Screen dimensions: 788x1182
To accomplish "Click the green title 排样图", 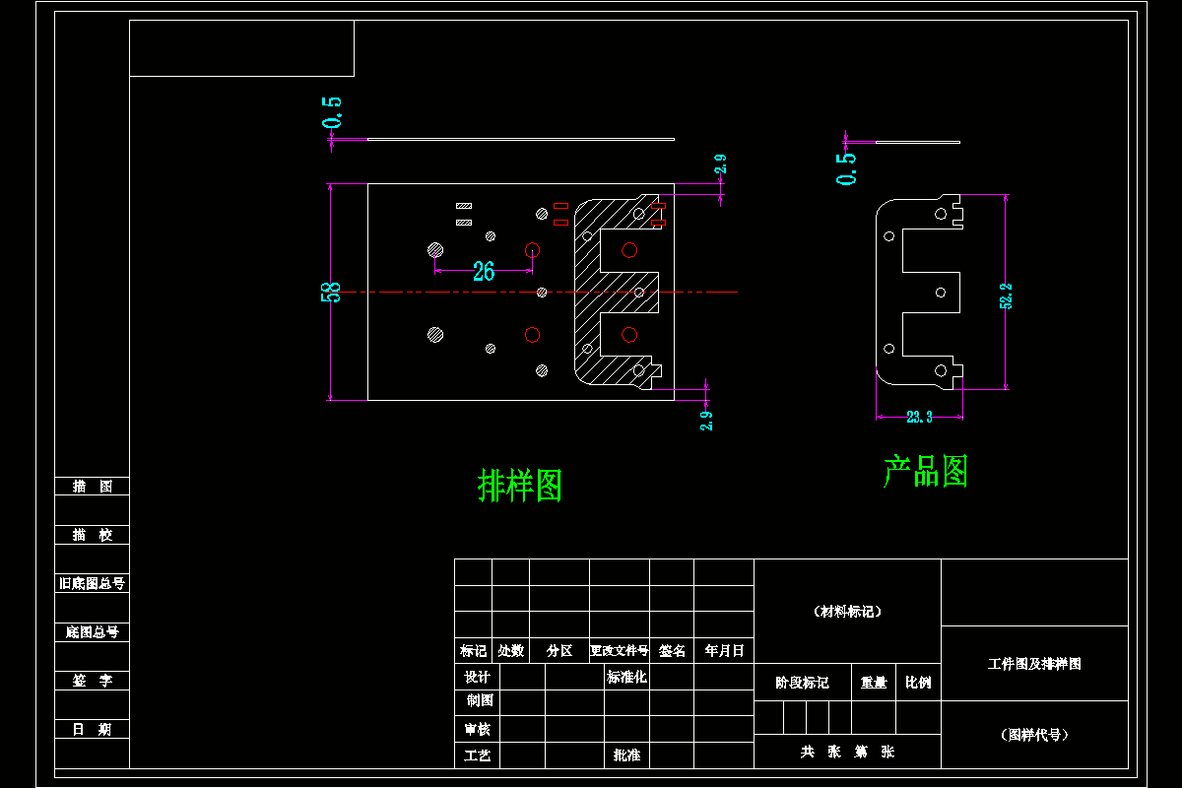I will point(520,485).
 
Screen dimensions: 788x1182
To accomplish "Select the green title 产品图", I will point(926,472).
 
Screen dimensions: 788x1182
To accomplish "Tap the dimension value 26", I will point(484,272).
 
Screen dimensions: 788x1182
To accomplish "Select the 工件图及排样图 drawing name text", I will point(1034,664).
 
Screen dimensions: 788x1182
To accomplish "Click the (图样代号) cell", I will point(1034,735).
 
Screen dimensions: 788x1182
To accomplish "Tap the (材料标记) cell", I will point(847,612).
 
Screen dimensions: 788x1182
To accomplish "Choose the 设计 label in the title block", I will point(477,677).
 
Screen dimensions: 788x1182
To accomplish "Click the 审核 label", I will point(477,729).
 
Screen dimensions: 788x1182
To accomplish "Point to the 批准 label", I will point(626,755).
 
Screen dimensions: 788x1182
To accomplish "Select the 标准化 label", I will point(626,677).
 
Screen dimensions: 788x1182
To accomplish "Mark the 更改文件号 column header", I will point(619,651).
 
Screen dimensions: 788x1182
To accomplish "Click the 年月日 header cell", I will point(724,651).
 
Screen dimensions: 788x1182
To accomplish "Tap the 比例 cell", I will point(918,683).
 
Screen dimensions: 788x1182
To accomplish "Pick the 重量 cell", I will point(873,683).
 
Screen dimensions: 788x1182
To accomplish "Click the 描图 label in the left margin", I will point(93,487).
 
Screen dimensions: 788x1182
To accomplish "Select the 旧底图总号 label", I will point(93,583).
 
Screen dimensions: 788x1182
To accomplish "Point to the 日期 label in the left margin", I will point(93,729).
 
